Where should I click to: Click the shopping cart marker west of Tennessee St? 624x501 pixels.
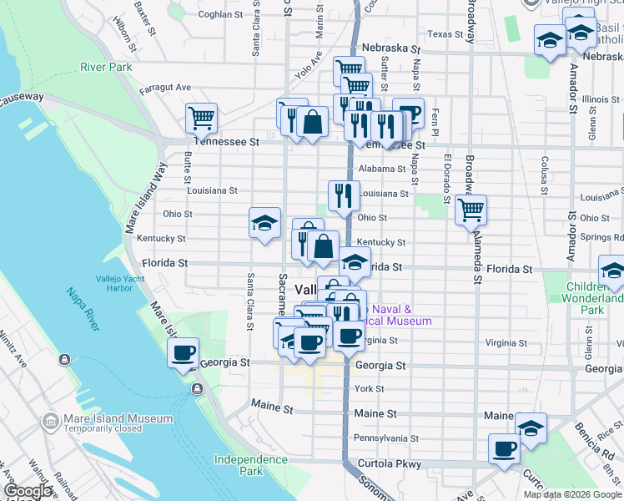point(201,119)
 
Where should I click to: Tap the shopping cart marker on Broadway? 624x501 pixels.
point(471,210)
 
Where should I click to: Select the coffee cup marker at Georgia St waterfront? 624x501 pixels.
point(184,352)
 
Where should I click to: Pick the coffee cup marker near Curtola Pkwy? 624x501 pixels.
point(504,448)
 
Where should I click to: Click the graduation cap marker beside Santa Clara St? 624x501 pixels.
point(264,223)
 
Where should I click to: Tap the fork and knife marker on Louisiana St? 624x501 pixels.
point(344,196)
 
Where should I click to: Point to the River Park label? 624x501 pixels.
point(106,67)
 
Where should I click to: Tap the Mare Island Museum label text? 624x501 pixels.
point(118,418)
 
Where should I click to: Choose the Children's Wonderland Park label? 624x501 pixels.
point(592,298)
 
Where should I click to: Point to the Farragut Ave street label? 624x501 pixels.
point(165,88)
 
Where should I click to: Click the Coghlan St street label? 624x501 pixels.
point(220,14)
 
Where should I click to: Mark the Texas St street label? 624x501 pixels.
point(445,34)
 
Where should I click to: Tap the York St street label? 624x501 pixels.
point(369,389)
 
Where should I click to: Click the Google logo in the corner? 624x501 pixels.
point(28,491)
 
